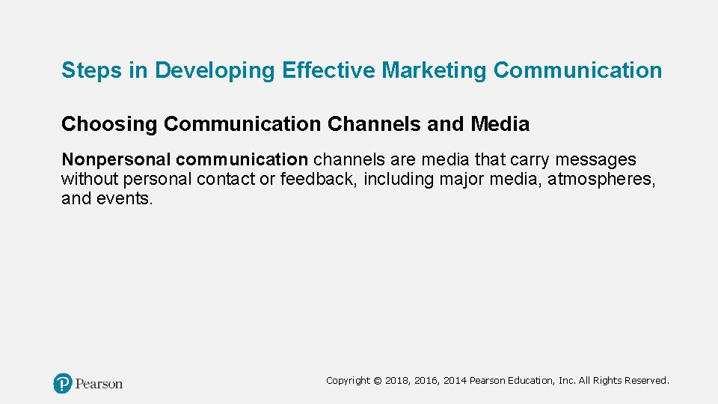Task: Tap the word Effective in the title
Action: (329, 71)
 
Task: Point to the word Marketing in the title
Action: (435, 71)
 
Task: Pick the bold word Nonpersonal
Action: (117, 160)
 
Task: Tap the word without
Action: (88, 180)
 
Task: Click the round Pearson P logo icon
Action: (63, 384)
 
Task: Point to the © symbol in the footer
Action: (377, 381)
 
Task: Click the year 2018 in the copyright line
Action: (398, 381)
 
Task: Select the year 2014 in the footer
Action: (455, 381)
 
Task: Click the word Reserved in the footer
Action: (645, 381)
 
